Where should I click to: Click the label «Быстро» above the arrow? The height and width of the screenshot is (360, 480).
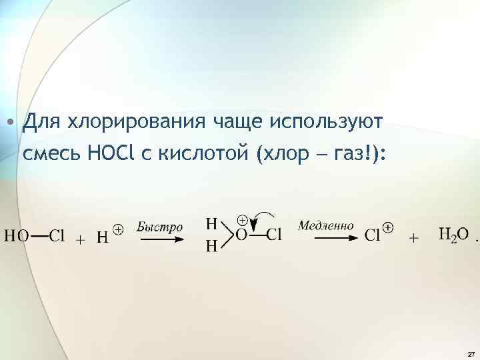[x=159, y=227]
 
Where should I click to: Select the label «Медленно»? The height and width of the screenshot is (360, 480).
[x=326, y=225]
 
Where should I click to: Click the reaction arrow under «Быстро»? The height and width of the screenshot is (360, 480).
[x=161, y=239]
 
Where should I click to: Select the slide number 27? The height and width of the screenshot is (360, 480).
[x=471, y=353]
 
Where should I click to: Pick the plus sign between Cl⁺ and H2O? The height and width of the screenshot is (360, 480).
[x=413, y=238]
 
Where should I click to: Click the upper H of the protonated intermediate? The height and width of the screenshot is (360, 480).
[x=211, y=220]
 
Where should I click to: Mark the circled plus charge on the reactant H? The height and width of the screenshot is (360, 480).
[x=117, y=229]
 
